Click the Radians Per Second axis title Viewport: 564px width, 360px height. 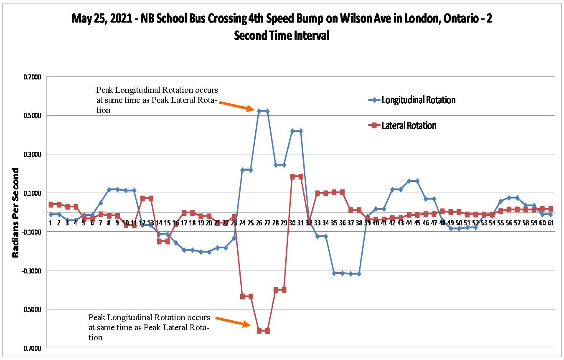[15, 212]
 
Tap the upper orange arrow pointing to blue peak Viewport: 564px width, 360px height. [236, 106]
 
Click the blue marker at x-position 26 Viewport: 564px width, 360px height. [259, 111]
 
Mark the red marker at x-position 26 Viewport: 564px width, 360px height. [259, 331]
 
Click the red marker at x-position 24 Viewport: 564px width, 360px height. [242, 296]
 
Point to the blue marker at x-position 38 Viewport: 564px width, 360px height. [359, 274]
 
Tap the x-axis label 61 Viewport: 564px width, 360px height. [551, 223]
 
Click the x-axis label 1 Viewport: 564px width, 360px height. [50, 223]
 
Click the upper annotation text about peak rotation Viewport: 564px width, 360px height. [157, 100]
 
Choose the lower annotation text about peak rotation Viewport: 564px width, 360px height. [149, 327]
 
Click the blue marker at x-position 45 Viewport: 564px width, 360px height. [417, 181]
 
